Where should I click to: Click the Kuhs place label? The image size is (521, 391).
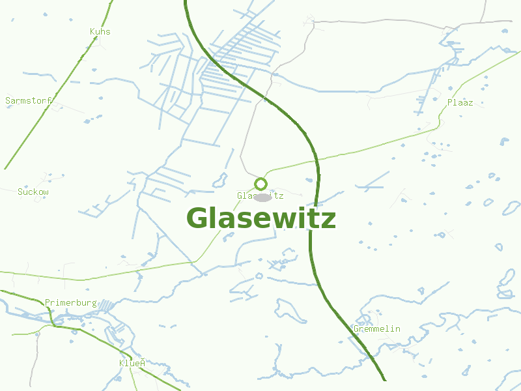pyautogui.click(x=100, y=31)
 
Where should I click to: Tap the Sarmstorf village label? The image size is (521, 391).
pyautogui.click(x=29, y=101)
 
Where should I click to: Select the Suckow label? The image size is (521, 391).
pyautogui.click(x=33, y=192)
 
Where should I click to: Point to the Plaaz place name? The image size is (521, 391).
pyautogui.click(x=460, y=103)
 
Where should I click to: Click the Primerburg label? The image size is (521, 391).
pyautogui.click(x=71, y=303)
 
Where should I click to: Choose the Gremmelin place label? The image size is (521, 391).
pyautogui.click(x=377, y=329)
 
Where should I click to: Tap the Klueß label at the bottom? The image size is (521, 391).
pyautogui.click(x=132, y=363)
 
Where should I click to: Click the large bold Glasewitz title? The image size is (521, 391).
pyautogui.click(x=260, y=218)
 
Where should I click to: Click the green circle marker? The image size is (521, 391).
pyautogui.click(x=261, y=184)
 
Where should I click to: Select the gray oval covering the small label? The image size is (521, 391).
pyautogui.click(x=262, y=196)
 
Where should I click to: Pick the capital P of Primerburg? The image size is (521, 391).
pyautogui.click(x=48, y=303)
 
